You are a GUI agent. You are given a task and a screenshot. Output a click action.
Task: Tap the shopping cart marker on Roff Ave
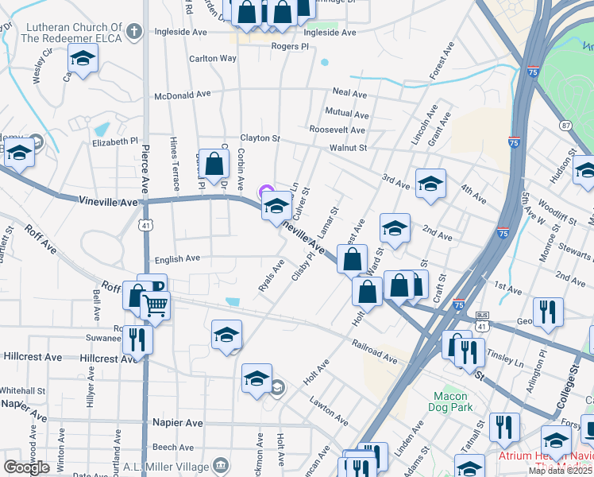coord(156,304)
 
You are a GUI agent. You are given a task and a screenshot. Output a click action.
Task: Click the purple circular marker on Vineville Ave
coord(264,191)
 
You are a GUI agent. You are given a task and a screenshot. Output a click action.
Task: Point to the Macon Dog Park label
coord(453,401)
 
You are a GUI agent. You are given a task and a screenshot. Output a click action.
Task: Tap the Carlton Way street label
coord(213,59)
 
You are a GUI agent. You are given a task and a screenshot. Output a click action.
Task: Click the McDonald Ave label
coord(182,94)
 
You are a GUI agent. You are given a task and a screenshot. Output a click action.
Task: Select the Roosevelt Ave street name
coord(337,130)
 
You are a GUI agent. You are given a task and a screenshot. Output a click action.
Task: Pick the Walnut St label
coord(348,148)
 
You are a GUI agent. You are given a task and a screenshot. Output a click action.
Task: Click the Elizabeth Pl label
coord(115,142)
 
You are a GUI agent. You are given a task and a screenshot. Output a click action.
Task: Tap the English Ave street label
coord(178,258)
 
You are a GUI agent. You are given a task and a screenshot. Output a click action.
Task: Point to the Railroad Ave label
coord(376,353)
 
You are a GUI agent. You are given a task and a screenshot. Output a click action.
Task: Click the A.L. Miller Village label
coord(169,465)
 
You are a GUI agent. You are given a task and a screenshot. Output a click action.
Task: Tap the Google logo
coord(26,467)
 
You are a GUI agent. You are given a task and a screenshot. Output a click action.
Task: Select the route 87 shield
coord(565,126)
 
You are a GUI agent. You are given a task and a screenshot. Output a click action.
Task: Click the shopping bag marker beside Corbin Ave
coord(214,164)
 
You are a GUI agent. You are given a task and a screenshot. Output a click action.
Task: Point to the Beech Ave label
coord(174,447)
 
